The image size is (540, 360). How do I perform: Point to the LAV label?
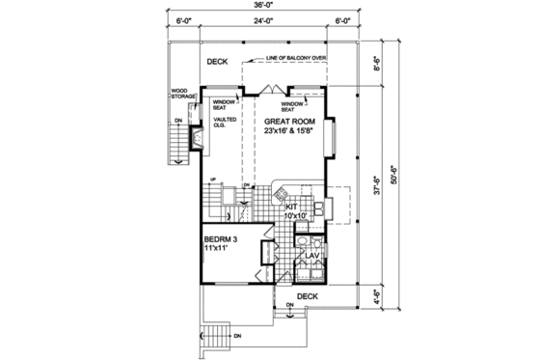pyautogui.click(x=313, y=255)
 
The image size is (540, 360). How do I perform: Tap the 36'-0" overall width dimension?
pyautogui.click(x=271, y=7)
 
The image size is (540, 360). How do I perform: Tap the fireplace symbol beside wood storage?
pyautogui.click(x=198, y=140)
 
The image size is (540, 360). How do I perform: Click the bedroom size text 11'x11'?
pyautogui.click(x=218, y=249)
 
